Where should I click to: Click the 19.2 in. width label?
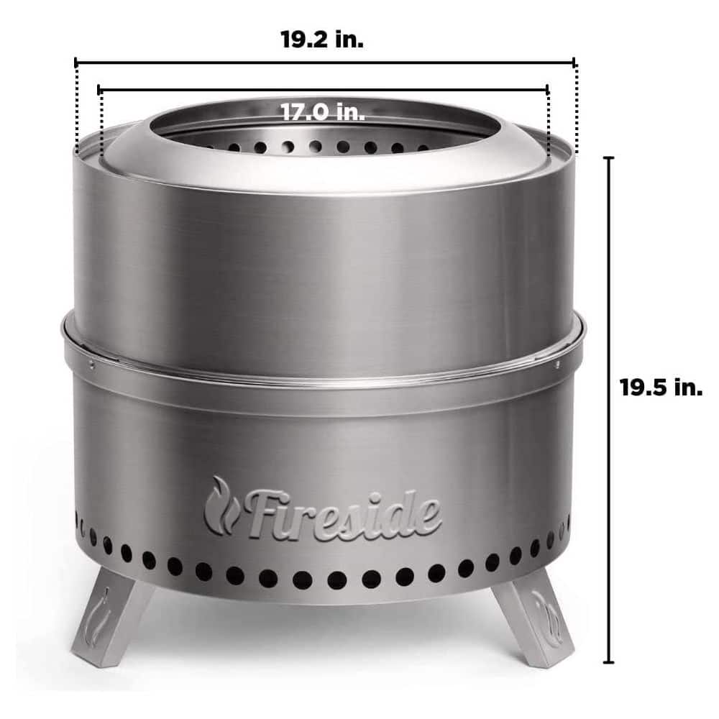[x=322, y=40]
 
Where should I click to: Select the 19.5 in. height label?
[x=661, y=388]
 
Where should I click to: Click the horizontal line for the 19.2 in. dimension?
[x=216, y=63]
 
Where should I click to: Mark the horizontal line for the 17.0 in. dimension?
[x=216, y=90]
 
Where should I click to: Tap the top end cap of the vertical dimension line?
[x=610, y=157]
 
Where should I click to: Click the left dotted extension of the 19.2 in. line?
[x=75, y=108]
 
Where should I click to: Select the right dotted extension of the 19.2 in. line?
[x=574, y=108]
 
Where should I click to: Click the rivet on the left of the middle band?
[x=93, y=363]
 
